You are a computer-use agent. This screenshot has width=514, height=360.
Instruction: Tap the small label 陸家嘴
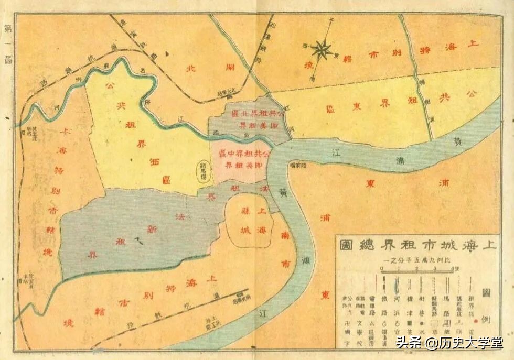pyautogui.click(x=300, y=165)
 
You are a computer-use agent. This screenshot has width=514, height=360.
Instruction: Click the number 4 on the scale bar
pyautogui.click(x=452, y=269)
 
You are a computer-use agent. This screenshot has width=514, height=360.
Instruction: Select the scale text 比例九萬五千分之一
pyautogui.click(x=418, y=260)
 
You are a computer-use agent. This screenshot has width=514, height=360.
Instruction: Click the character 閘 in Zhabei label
pyautogui.click(x=229, y=68)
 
